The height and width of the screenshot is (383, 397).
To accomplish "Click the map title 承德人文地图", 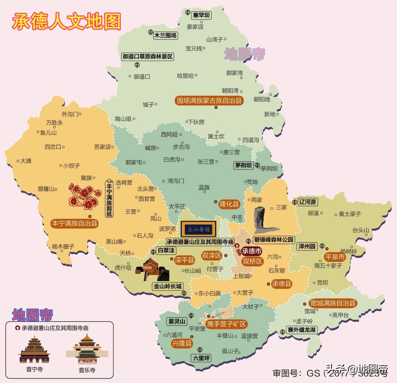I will [67, 21].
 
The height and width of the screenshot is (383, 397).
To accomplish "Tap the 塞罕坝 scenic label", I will [201, 15].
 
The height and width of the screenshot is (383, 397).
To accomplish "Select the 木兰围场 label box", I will [165, 35].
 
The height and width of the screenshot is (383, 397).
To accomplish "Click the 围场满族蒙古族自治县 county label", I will [209, 100].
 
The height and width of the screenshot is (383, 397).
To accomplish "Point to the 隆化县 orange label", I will [229, 204].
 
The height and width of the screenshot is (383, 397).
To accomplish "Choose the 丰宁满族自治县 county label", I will [75, 223].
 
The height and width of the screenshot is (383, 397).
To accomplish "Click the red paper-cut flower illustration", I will [84, 196].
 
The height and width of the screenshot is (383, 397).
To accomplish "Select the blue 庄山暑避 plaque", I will [198, 229].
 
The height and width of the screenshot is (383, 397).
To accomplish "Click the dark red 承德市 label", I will [252, 251].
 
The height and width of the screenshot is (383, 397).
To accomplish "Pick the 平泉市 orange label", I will [335, 257].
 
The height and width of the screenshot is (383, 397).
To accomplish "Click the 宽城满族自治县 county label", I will [333, 303].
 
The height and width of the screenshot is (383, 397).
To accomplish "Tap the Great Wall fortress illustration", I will [153, 270].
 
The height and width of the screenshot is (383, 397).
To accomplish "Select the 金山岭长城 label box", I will [168, 286].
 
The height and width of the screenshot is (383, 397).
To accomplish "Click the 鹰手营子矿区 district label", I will [226, 324].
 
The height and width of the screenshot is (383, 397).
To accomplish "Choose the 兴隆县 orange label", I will [182, 343].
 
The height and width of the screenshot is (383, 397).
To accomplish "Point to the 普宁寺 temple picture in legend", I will [34, 350].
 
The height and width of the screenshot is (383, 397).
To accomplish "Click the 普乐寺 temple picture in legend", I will [87, 350].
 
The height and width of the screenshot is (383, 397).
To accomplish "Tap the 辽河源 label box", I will [308, 202].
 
